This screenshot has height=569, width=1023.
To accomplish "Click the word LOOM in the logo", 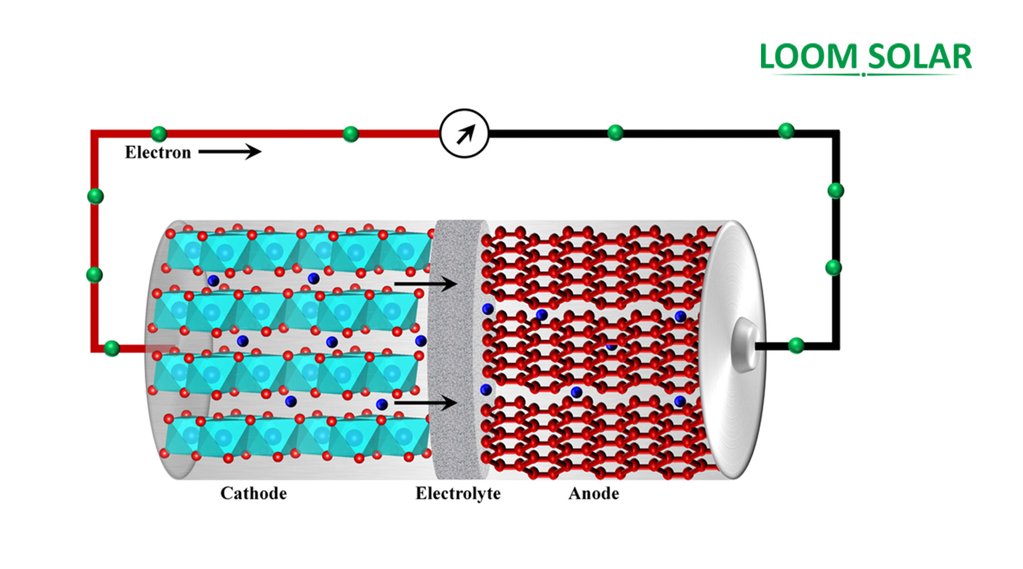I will click(x=808, y=57).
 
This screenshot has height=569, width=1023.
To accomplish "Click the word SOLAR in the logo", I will click(x=920, y=57).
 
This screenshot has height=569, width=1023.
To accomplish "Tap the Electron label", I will click(x=158, y=152).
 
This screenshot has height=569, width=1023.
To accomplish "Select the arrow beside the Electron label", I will click(x=230, y=151).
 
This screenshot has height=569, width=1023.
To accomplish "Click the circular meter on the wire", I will click(x=464, y=134).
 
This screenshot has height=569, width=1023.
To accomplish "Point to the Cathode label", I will click(x=253, y=493).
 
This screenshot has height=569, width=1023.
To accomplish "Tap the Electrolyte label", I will click(x=458, y=493).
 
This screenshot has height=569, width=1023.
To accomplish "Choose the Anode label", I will click(x=593, y=493).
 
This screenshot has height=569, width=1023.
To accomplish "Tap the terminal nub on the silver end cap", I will click(x=745, y=345).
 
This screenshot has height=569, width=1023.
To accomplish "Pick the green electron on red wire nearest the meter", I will click(x=351, y=134).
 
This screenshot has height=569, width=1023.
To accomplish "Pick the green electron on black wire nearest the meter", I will click(x=615, y=133).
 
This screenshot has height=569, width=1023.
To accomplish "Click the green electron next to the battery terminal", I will click(x=796, y=345).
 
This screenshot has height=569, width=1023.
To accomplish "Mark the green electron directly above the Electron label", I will click(x=159, y=134).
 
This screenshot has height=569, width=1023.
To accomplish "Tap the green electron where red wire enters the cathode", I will click(x=112, y=348).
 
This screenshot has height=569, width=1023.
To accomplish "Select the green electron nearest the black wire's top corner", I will click(x=786, y=131).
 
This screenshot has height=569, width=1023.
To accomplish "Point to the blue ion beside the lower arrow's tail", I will click(x=382, y=405).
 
